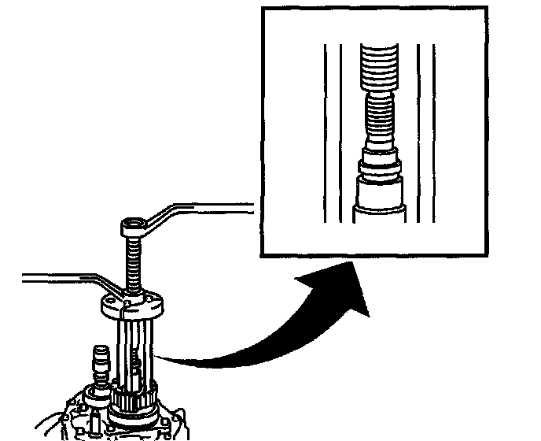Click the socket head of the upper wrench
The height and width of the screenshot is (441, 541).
pyautogui.click(x=131, y=227)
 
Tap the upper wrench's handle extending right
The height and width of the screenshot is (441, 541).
pyautogui.click(x=212, y=207)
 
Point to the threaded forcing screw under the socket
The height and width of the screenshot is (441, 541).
pyautogui.click(x=133, y=264)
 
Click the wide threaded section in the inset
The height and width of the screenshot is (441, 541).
pyautogui.click(x=380, y=67)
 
